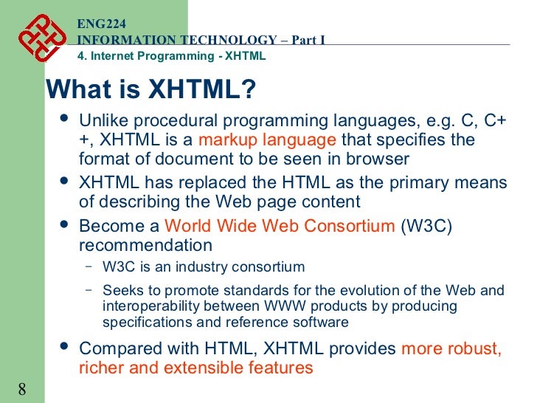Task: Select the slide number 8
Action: point(21,389)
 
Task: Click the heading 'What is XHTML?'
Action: point(151,90)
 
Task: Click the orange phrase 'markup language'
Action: point(267,140)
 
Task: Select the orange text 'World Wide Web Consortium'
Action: point(280,226)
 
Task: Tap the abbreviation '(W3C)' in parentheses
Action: point(426,226)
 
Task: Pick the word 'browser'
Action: point(381,159)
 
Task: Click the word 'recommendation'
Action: point(145,245)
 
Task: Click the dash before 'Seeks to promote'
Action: point(89,290)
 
